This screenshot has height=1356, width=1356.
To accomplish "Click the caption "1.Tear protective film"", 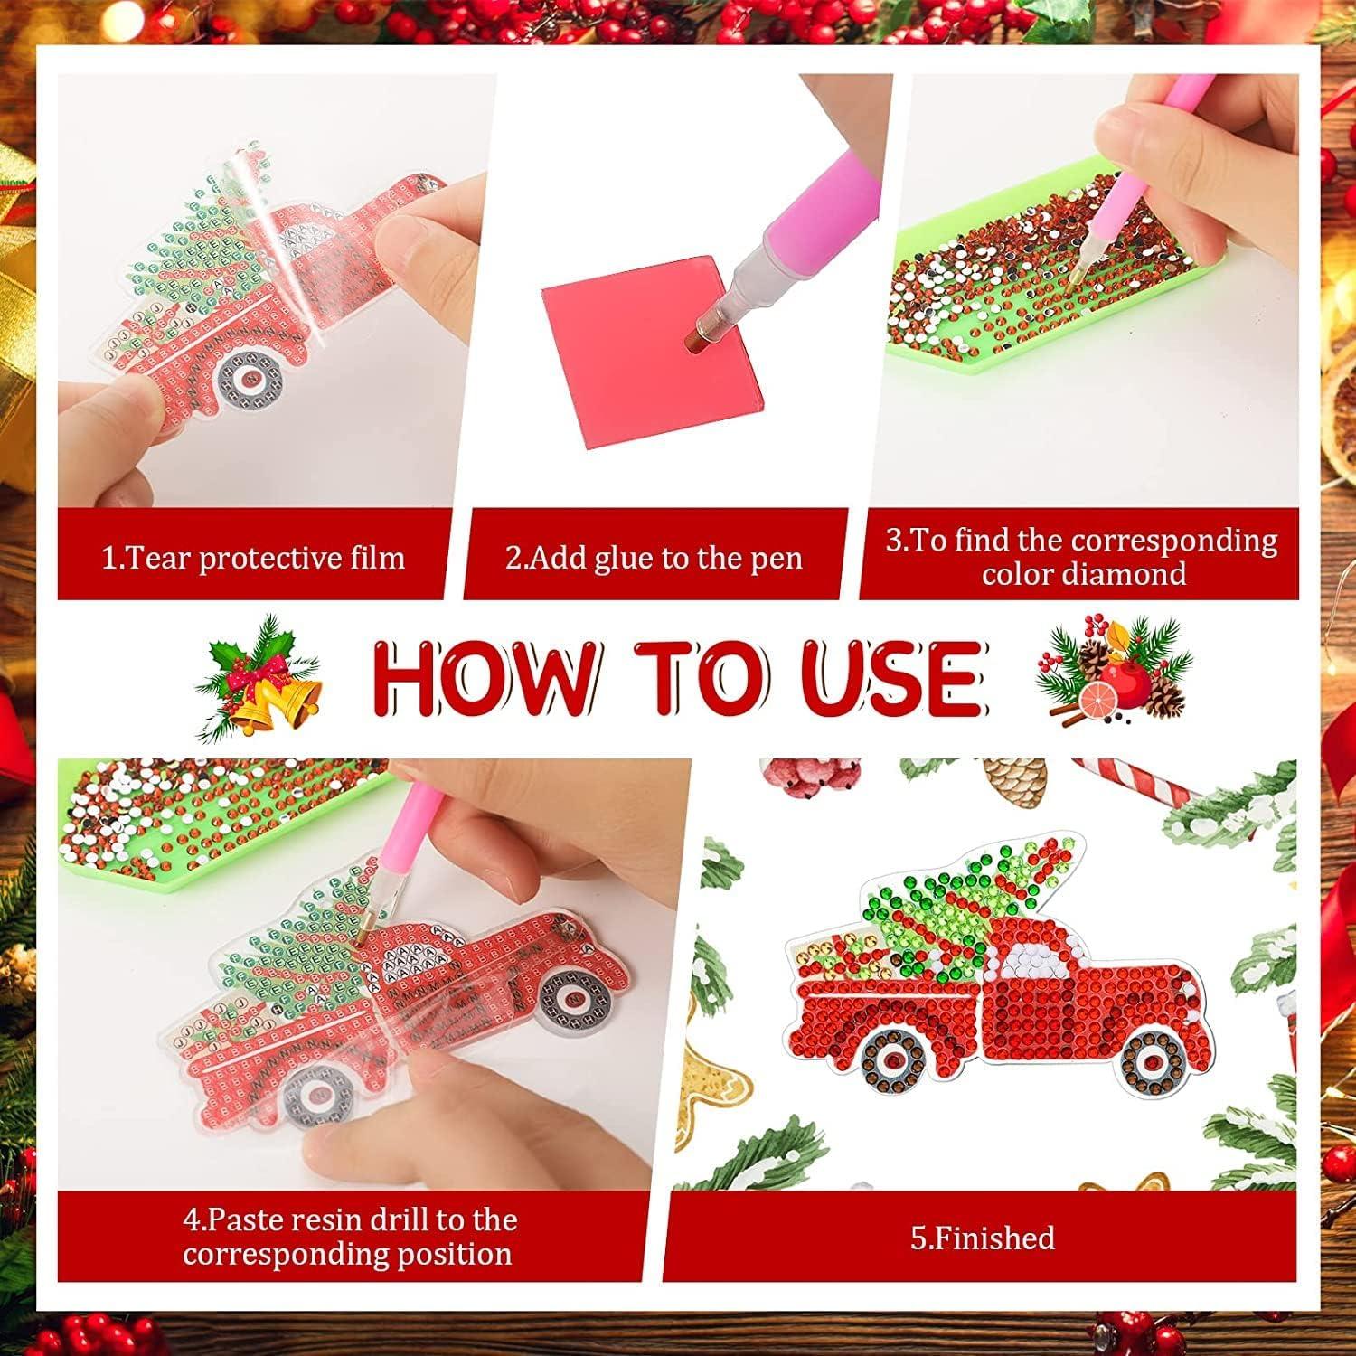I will (x=252, y=557).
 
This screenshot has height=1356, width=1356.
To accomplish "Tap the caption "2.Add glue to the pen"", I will (x=654, y=557).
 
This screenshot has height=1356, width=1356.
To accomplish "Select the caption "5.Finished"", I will (x=982, y=1237).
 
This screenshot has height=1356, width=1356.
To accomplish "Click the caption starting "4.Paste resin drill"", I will (x=350, y=1237).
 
